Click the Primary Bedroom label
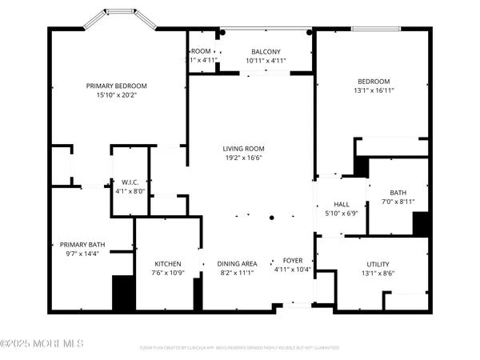(x=117, y=86)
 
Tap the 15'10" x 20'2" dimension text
(x=117, y=95)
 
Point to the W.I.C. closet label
(x=130, y=181)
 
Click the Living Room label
(x=243, y=148)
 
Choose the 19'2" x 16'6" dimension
(x=243, y=158)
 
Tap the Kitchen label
(x=167, y=264)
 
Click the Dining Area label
(x=237, y=264)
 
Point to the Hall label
(x=342, y=204)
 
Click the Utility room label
(x=378, y=263)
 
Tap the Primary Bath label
(x=82, y=245)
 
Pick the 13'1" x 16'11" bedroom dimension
(x=373, y=90)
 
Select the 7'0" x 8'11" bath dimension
(x=398, y=202)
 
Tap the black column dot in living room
(x=272, y=218)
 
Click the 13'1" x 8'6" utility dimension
(x=378, y=273)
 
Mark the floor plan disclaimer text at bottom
(x=240, y=348)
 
